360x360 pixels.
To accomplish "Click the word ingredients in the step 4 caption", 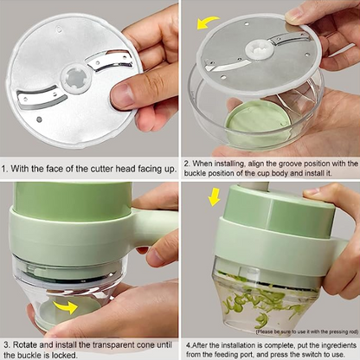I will (330, 344).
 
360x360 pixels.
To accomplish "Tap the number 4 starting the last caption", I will (186, 344).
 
